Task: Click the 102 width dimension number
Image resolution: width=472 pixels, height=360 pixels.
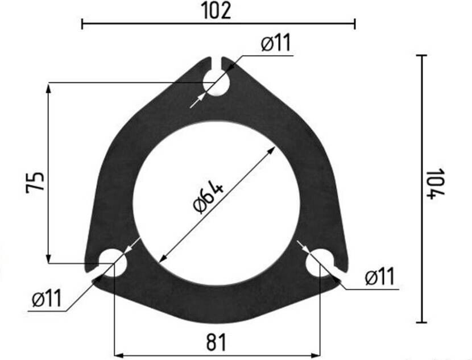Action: pos(216,10)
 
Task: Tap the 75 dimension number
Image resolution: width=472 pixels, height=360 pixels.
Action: pos(35,182)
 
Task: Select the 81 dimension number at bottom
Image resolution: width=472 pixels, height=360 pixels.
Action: pos(216,342)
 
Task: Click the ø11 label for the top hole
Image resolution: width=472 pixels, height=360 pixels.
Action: pos(276,43)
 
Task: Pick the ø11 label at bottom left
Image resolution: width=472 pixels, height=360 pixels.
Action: pos(47,298)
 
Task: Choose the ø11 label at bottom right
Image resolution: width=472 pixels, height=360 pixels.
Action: pos(379,277)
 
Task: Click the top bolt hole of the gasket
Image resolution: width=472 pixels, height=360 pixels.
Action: pos(217,83)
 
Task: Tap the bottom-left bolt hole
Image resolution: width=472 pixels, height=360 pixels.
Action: pos(113,261)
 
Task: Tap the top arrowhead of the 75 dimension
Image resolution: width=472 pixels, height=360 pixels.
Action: pos(48,87)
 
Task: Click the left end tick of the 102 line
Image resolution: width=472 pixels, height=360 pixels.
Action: pos(82,24)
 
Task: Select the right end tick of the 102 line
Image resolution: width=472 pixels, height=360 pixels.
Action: pos(355,24)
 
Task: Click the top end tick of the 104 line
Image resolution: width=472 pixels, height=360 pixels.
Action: pos(421,55)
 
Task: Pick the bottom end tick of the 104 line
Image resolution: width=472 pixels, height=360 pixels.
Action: pos(421,322)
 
